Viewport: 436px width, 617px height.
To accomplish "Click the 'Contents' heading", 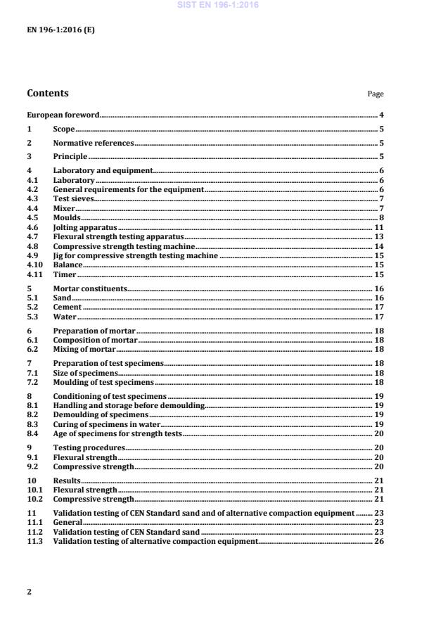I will [48, 94].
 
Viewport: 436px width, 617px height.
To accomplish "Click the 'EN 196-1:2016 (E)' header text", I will [60, 31].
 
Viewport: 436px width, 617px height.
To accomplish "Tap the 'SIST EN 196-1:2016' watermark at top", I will [218, 4].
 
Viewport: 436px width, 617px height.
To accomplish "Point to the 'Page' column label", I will [376, 94].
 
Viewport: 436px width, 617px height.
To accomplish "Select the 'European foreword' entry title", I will [63, 115].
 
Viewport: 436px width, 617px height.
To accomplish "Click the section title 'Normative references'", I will [93, 143].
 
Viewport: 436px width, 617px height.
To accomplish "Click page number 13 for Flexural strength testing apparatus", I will [378, 238].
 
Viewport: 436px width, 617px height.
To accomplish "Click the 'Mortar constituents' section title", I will [90, 288].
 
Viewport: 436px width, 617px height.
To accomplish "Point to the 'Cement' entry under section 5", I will [68, 307].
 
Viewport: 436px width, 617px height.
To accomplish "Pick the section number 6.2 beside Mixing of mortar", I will [32, 350].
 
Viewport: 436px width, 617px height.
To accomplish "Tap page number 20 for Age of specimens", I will [378, 434].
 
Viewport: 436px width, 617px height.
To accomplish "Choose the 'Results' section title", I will [67, 481].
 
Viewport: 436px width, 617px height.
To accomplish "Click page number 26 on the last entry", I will [378, 542].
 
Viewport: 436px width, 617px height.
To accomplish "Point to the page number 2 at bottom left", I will [29, 592].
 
